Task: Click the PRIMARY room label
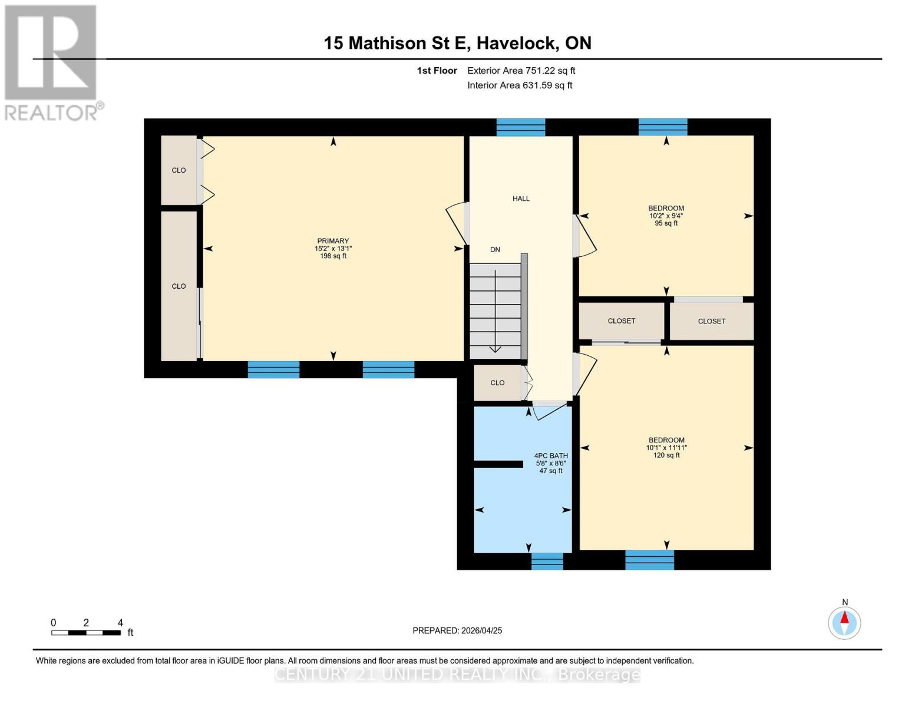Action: click(x=333, y=241)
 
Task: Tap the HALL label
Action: click(x=521, y=199)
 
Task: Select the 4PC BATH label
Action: click(x=551, y=455)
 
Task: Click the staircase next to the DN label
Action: click(x=495, y=310)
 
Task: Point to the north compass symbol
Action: click(x=844, y=622)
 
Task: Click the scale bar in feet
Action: click(x=86, y=632)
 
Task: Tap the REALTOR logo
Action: click(x=52, y=62)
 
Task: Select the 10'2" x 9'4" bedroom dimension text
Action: click(x=666, y=216)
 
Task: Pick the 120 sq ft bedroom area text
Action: click(x=666, y=455)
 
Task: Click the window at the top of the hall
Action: click(x=520, y=127)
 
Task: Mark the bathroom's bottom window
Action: click(x=547, y=561)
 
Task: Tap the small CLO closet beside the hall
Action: click(x=497, y=383)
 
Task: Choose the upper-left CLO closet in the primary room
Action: click(x=179, y=170)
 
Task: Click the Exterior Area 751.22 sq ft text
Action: click(x=521, y=71)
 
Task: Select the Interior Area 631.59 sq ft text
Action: click(x=520, y=85)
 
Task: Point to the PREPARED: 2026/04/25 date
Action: click(x=457, y=630)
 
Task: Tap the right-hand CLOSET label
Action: click(x=711, y=321)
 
